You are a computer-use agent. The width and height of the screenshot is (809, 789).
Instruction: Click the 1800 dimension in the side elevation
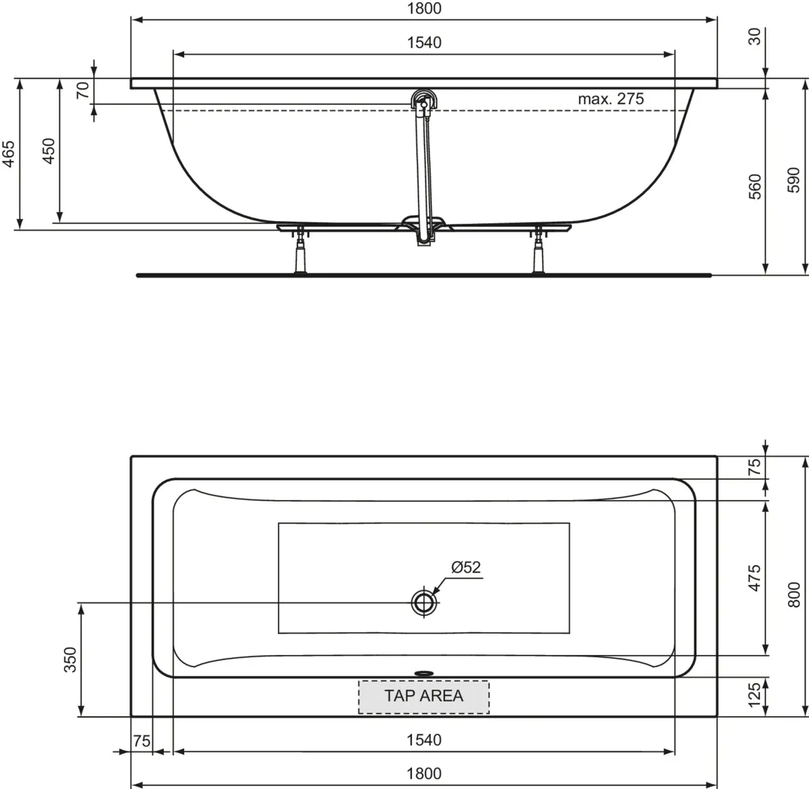424,8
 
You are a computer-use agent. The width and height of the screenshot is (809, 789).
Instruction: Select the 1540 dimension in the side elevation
424,42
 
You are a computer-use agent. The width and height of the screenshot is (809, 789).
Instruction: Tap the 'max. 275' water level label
610,98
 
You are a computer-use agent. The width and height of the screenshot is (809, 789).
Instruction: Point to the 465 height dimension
9,154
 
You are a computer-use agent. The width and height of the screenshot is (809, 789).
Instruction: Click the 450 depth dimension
49,152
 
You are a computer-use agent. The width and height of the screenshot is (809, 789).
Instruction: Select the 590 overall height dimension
793,180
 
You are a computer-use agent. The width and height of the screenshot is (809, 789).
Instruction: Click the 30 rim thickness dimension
755,36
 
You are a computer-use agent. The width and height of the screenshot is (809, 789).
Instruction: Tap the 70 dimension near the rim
82,90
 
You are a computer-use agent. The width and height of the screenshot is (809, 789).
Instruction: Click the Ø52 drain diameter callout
466,567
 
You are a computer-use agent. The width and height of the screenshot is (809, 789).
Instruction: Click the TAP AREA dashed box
423,697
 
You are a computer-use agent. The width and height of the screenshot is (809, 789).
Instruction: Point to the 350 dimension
70,660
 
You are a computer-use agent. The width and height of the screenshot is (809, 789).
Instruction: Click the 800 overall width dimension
793,595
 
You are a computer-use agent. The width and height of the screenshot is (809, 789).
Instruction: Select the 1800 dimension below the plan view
424,774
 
